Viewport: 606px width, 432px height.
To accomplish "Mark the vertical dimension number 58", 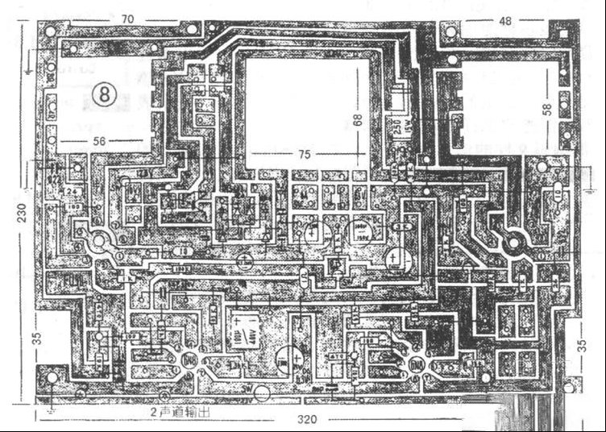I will (549, 110).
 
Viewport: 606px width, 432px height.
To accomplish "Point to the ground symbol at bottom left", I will (50, 410).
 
